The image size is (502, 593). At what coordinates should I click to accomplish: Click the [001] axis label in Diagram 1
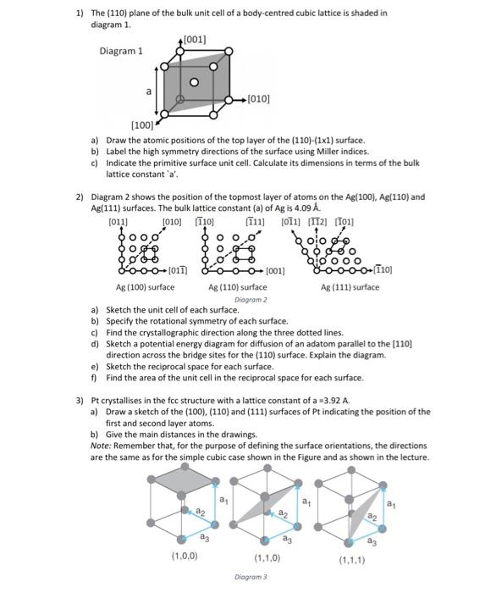[x=193, y=40]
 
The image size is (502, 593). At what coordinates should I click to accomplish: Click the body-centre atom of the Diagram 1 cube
[x=194, y=82]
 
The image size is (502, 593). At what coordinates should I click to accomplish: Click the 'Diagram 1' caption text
[x=121, y=52]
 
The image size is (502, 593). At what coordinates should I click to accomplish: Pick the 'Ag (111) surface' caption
[x=350, y=287]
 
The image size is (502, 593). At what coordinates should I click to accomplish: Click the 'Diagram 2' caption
[x=251, y=299]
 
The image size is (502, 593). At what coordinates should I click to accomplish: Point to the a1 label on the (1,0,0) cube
[x=223, y=501]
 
